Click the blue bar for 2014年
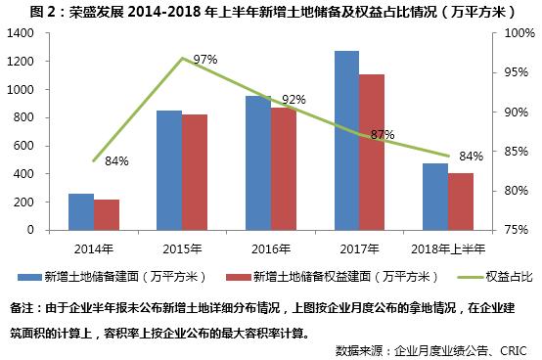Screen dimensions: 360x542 pos(81,211)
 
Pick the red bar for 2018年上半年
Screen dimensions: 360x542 pos(460,202)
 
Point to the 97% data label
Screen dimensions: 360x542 pos(204,60)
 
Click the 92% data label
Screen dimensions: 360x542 pos(294,100)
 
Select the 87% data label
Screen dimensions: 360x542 pos(383,134)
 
